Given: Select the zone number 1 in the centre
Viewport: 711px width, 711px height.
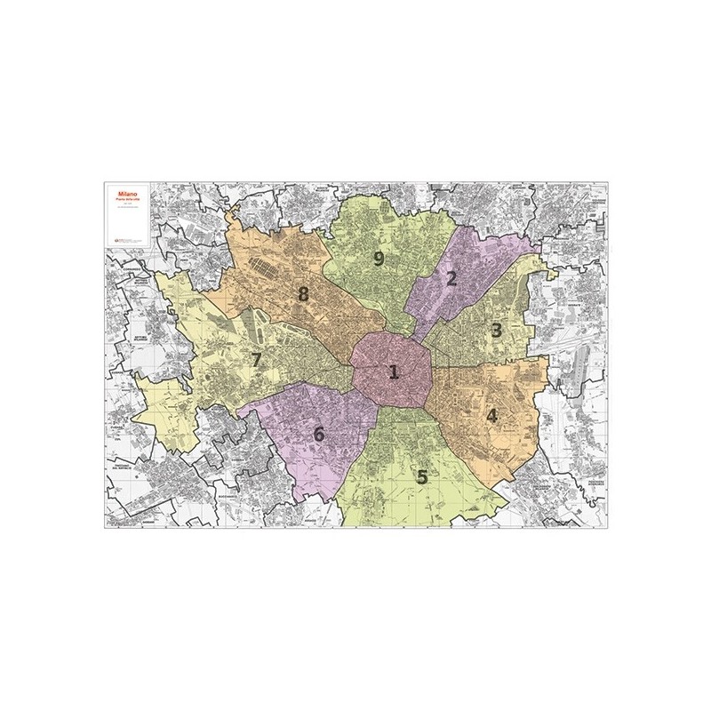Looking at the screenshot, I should pyautogui.click(x=393, y=372).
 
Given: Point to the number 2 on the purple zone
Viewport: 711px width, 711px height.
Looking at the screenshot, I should pyautogui.click(x=451, y=279).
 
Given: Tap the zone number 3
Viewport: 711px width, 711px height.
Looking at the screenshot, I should pyautogui.click(x=497, y=331).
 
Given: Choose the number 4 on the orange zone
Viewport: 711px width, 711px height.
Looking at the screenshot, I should pyautogui.click(x=491, y=415).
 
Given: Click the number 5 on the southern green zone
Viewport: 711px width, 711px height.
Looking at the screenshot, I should pyautogui.click(x=422, y=476).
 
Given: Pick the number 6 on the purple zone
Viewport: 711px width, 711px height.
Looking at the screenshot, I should pyautogui.click(x=318, y=435).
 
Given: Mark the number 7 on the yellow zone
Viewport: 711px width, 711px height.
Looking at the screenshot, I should pyautogui.click(x=256, y=360).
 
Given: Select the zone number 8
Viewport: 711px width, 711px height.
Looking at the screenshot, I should pyautogui.click(x=303, y=294).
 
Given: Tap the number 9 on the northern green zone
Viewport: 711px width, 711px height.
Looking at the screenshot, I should pyautogui.click(x=379, y=259).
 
